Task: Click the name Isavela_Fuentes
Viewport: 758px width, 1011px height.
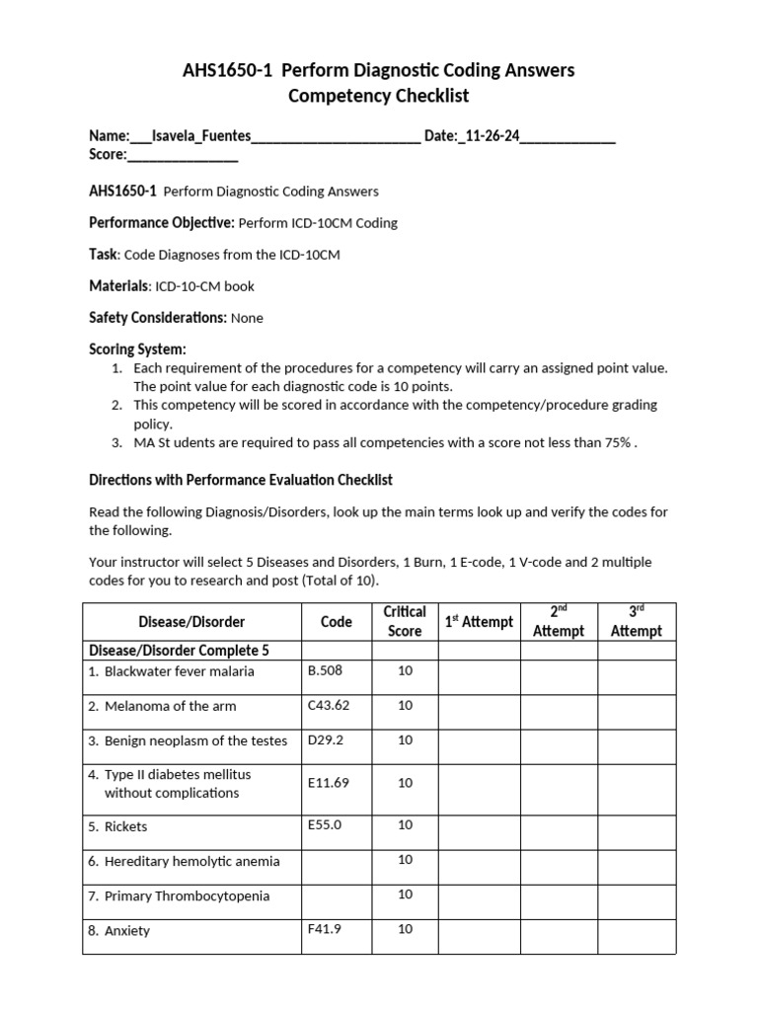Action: coord(201,135)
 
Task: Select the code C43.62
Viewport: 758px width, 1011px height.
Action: coord(329,705)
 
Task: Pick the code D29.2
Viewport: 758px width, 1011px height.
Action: coord(324,739)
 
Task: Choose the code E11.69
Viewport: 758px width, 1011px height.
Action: coord(329,782)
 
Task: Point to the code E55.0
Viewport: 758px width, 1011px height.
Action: coord(325,824)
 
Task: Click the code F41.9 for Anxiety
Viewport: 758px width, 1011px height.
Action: coord(325,929)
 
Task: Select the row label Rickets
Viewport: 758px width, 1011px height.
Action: coord(125,826)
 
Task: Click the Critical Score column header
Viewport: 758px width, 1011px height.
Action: coord(405,621)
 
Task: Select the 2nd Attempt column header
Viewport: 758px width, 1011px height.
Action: coord(559,621)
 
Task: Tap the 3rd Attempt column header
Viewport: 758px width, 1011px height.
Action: coord(637,621)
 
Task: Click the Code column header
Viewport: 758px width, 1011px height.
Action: coord(337,622)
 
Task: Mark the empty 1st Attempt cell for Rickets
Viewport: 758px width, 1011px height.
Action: coord(479,825)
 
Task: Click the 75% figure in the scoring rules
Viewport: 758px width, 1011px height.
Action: coord(618,442)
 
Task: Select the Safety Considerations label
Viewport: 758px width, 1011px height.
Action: coord(158,318)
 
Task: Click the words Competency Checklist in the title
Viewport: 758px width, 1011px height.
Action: coord(379,96)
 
